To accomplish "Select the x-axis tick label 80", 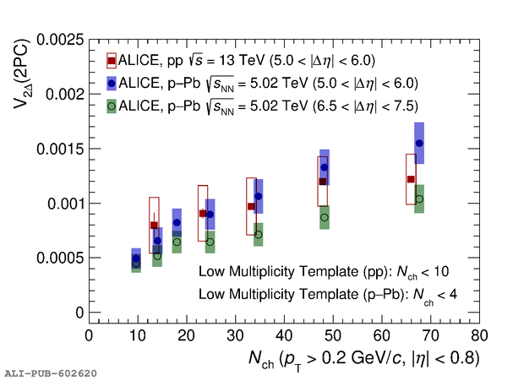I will [479, 335].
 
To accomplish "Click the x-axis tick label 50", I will [333, 335].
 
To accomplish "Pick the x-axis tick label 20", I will [187, 335].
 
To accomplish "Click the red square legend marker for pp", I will [111, 61].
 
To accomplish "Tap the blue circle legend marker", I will [111, 83].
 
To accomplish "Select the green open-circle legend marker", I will [111, 106].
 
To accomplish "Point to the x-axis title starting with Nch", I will [363, 358].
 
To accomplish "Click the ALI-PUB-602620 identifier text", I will [50, 373].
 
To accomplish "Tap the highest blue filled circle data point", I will [419, 144].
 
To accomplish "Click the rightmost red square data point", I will [411, 179].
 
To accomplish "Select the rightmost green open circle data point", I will [419, 199].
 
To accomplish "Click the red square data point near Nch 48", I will [322, 182].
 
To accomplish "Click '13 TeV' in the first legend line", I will [237, 61].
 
